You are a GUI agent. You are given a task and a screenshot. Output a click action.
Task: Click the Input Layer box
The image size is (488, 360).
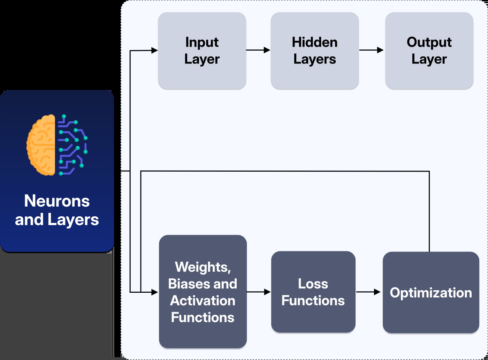202,51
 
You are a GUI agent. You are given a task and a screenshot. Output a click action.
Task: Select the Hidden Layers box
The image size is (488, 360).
314,51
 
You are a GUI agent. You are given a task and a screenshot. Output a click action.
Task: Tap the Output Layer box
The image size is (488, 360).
429,51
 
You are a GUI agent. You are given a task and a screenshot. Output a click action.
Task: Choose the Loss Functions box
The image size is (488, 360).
313,292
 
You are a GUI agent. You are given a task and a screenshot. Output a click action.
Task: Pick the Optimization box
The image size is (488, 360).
431,292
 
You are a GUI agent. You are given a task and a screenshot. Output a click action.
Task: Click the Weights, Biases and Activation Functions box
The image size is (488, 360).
203,292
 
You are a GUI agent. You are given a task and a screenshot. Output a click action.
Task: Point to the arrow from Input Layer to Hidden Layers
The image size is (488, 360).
258,50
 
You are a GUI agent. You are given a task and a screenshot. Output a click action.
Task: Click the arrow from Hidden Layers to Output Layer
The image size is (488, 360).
372,50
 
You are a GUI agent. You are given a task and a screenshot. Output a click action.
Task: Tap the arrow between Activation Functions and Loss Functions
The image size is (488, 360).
259,292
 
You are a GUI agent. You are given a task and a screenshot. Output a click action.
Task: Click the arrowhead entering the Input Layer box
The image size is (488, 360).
154,51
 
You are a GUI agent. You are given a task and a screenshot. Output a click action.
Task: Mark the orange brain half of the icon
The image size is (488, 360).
41,145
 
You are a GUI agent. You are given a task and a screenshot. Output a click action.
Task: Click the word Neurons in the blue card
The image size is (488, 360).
57,201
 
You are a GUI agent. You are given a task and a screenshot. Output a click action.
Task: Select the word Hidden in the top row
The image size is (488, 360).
314,42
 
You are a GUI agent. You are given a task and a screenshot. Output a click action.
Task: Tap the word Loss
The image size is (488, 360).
313,284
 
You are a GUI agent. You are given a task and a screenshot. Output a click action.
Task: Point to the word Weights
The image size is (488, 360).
203,267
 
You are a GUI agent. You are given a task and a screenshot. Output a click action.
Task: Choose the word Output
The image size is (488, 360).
429,42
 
